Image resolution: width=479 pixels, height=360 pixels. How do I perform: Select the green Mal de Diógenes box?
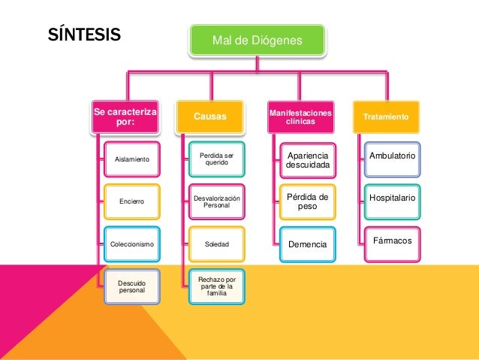pos(257,40)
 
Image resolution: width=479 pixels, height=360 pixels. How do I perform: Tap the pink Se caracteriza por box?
pos(126,116)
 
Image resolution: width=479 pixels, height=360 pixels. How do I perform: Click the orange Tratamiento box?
pos(386,118)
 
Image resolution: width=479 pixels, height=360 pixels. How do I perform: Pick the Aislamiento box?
pos(131,159)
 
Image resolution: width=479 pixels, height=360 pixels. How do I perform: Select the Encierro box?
pos(131,201)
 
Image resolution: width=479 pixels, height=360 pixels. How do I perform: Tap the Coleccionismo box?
pos(131,244)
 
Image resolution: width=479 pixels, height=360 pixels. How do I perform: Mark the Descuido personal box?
pos(131,286)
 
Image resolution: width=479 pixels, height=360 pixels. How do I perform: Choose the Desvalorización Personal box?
pos(216,201)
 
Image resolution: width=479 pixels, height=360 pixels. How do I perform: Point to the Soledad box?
pos(216,244)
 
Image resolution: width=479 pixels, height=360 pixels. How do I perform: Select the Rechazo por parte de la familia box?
pos(216,286)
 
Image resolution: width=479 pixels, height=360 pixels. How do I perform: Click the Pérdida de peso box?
pos(307,201)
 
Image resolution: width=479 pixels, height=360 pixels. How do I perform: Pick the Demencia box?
pos(307,244)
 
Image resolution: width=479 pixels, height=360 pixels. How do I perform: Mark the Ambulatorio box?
pos(392,156)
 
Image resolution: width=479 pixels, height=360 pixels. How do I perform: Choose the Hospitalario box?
pos(392,197)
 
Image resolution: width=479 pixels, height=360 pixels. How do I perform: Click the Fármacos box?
pos(392,240)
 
